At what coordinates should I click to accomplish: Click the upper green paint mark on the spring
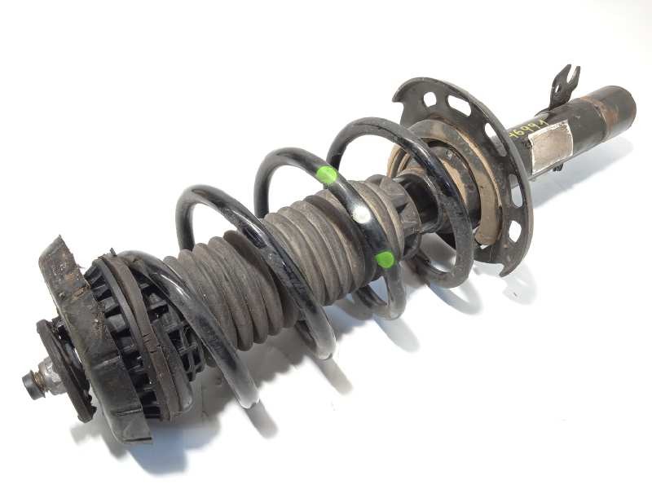326,174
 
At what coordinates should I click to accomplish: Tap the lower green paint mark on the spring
385,260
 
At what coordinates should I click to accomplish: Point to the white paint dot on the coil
360,214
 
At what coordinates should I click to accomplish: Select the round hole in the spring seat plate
430,99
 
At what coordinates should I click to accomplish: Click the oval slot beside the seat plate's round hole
460,105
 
